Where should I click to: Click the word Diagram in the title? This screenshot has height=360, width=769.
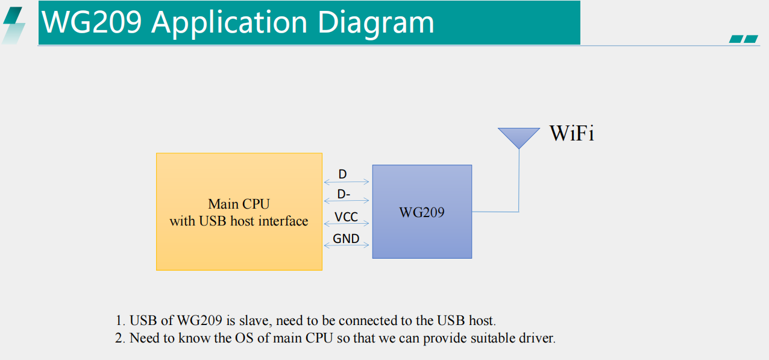pyautogui.click(x=376, y=23)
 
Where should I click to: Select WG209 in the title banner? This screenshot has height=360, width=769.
pyautogui.click(x=92, y=22)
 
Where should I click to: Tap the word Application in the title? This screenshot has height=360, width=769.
pyautogui.click(x=230, y=23)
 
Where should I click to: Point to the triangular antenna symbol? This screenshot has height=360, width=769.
pyautogui.click(x=519, y=137)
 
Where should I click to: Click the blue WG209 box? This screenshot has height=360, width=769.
pyautogui.click(x=422, y=212)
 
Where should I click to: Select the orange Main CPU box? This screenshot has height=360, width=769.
pyautogui.click(x=239, y=212)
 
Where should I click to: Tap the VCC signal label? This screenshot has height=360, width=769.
pyautogui.click(x=346, y=217)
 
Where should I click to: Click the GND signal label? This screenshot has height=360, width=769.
pyautogui.click(x=346, y=238)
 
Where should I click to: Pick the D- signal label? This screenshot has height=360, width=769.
pyautogui.click(x=344, y=194)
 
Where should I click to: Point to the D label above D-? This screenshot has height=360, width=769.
pyautogui.click(x=343, y=174)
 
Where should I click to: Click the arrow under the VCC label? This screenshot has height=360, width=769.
pyautogui.click(x=347, y=224)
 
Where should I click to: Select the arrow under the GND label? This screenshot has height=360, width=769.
pyautogui.click(x=347, y=245)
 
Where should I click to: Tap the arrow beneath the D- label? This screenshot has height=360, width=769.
pyautogui.click(x=347, y=200)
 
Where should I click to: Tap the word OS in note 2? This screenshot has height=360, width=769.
pyautogui.click(x=244, y=338)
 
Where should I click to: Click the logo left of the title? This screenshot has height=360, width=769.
pyautogui.click(x=13, y=25)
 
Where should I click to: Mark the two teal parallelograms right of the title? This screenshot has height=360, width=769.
pyautogui.click(x=744, y=39)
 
